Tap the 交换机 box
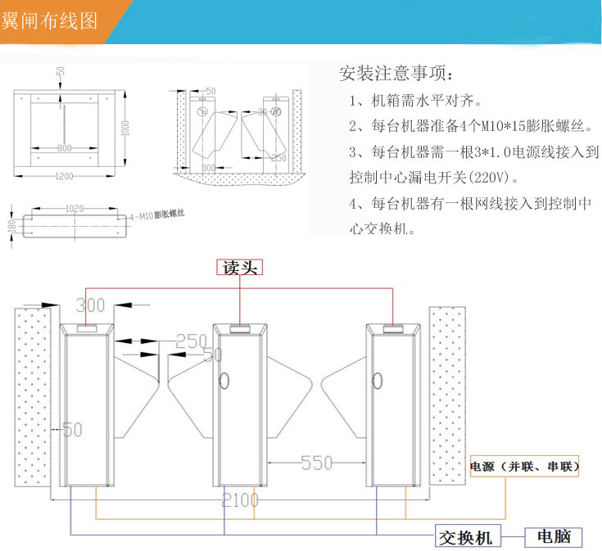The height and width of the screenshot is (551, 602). (x=465, y=537)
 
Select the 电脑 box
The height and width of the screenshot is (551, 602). (x=554, y=537)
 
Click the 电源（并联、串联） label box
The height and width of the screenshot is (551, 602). (x=524, y=467)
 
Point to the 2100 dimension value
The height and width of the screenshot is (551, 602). (x=240, y=499)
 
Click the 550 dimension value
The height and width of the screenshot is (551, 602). (x=316, y=463)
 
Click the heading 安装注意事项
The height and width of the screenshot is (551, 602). (x=395, y=74)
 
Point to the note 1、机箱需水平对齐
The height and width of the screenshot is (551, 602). (x=414, y=102)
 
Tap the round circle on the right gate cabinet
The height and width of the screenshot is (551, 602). (x=378, y=380)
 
